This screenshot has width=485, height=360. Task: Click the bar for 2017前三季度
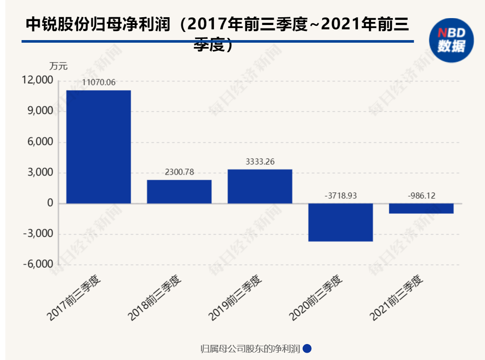(98, 147)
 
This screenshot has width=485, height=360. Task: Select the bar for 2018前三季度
(179, 191)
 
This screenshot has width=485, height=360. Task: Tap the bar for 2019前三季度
(260, 186)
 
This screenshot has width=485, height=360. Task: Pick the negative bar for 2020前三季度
(341, 222)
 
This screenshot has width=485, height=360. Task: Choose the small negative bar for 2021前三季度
(421, 208)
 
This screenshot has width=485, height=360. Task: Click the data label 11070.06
(99, 82)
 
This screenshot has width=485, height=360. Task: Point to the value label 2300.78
(179, 172)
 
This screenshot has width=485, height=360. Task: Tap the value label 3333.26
(260, 162)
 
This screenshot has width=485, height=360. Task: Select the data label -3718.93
(341, 196)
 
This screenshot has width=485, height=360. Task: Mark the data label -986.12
(421, 196)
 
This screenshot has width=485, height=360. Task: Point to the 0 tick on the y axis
(50, 203)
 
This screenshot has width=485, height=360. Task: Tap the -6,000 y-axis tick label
(38, 265)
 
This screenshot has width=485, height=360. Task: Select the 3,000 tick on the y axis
(41, 173)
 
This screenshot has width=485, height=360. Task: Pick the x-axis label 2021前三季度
(397, 297)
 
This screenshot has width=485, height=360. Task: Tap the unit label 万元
(59, 67)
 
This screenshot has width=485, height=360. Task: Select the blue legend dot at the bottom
(307, 348)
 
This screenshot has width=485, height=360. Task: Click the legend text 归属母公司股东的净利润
(250, 348)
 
